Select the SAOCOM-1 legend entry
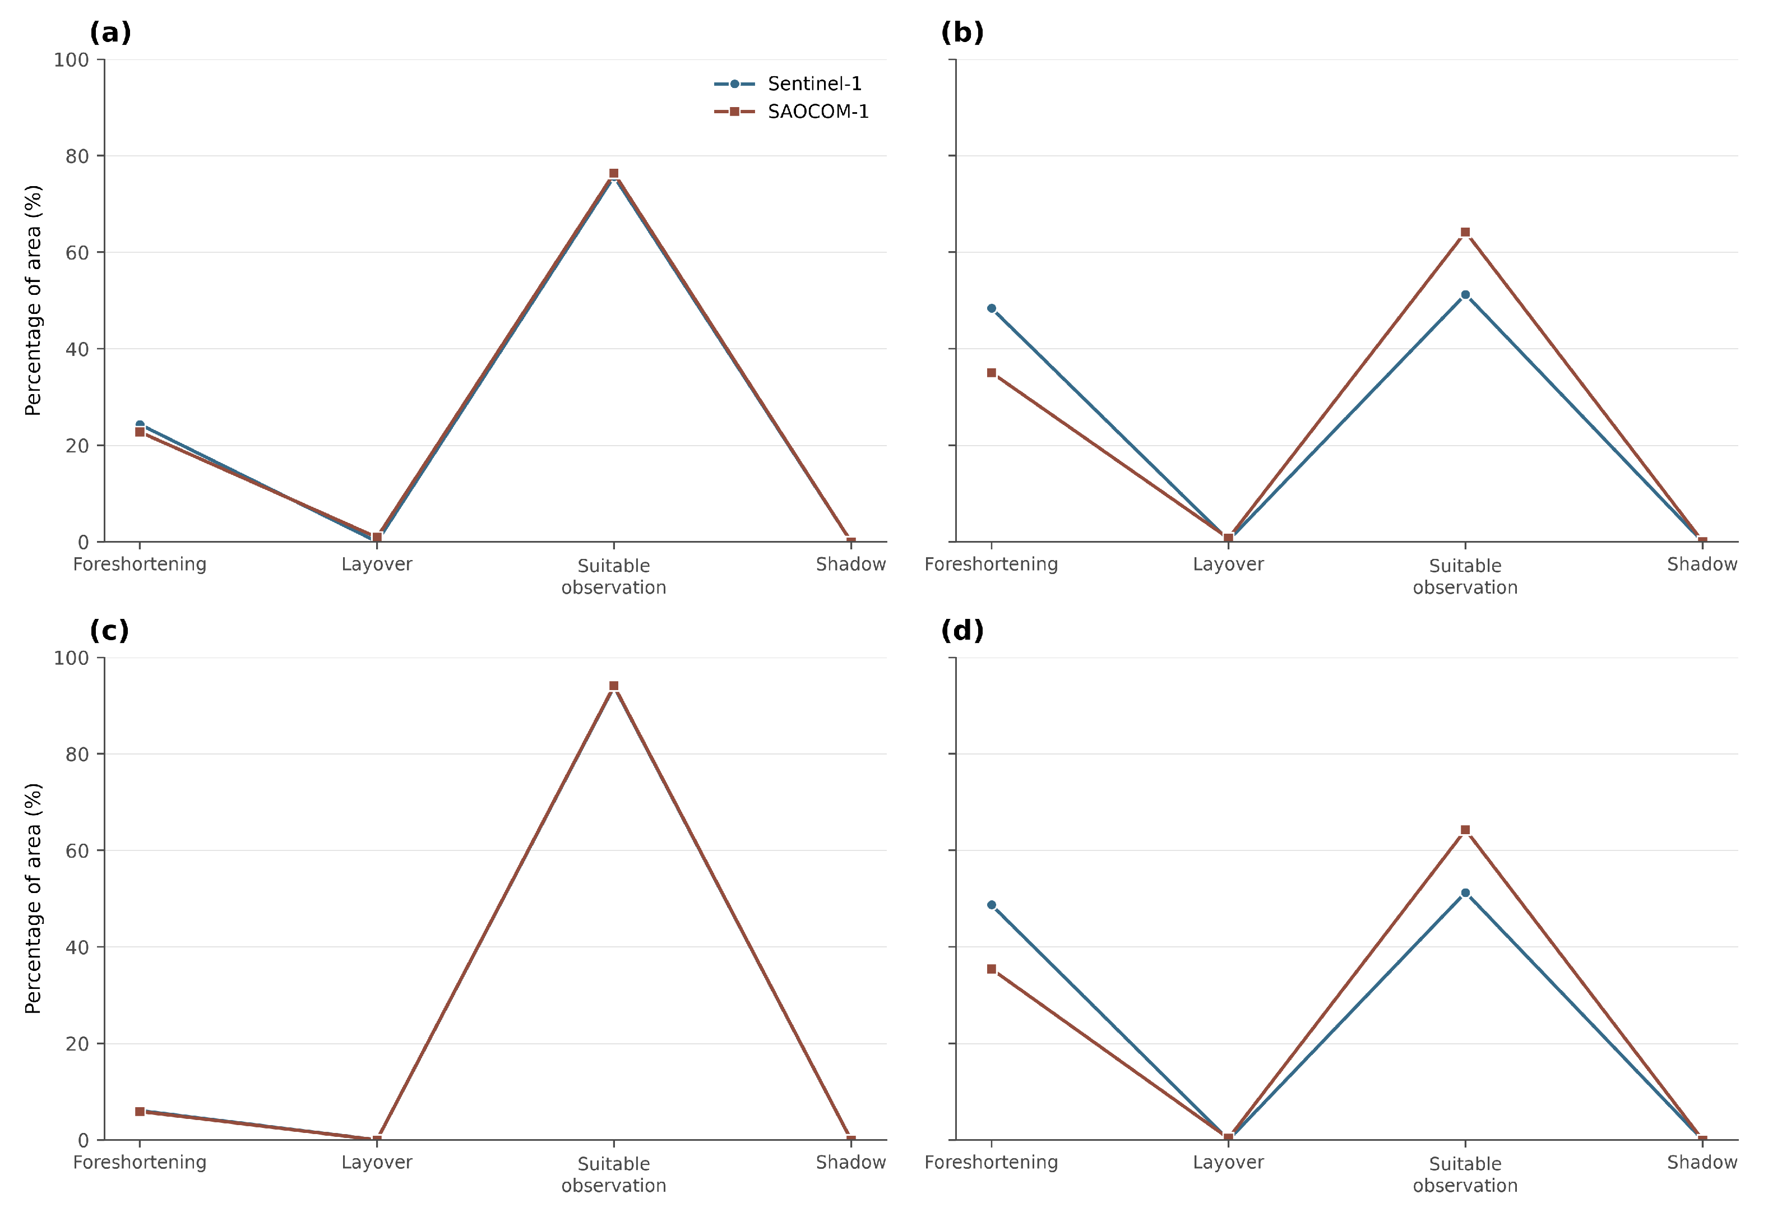click(791, 112)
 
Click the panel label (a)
click(110, 33)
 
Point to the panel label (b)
click(962, 33)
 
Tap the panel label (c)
click(109, 631)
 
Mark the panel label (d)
click(962, 631)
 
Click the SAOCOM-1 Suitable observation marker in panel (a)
click(614, 173)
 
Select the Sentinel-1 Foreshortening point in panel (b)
click(991, 308)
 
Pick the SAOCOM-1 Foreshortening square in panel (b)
click(991, 373)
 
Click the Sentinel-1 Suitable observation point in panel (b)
click(1465, 294)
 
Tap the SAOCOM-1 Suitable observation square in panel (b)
click(1465, 232)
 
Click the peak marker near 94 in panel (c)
click(614, 686)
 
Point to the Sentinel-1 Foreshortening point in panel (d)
click(991, 905)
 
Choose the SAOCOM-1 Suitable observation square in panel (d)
click(1465, 830)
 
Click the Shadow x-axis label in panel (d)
click(1702, 1162)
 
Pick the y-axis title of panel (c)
click(33, 899)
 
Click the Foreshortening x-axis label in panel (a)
click(140, 565)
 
